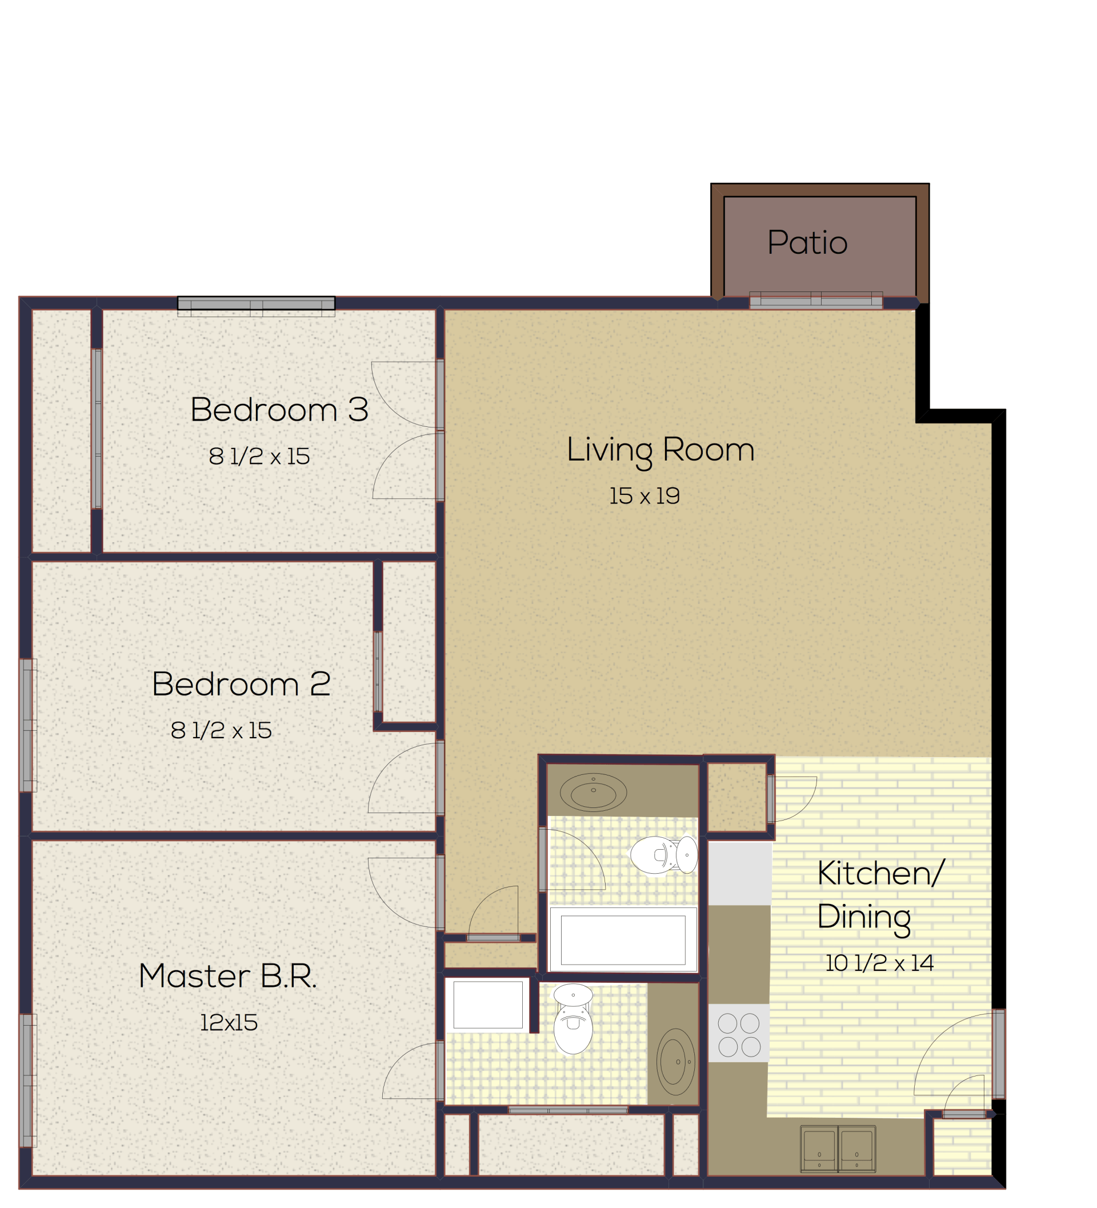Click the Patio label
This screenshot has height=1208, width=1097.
807,243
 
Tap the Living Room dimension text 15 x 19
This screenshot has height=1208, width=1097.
644,496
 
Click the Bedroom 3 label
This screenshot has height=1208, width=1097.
279,410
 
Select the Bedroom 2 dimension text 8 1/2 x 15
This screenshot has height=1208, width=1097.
221,730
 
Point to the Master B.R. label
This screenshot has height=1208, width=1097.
227,976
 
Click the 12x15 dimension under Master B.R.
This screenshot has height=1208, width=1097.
229,1023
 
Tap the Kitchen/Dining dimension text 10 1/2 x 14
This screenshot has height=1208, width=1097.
879,963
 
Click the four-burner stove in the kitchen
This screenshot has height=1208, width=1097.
739,1034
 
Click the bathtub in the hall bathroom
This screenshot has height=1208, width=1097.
623,939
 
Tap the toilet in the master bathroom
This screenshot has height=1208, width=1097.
572,1019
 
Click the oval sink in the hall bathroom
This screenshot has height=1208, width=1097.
593,793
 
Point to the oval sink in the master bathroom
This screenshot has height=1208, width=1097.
675,1062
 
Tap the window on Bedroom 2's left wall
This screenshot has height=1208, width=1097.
27,726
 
